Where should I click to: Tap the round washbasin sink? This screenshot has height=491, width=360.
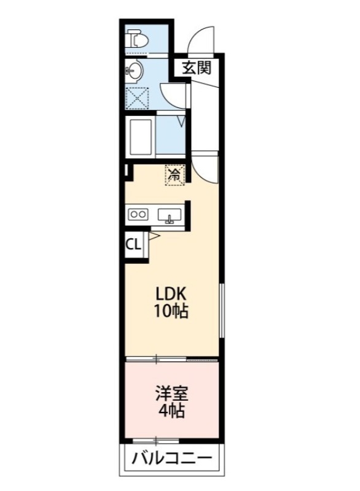135,71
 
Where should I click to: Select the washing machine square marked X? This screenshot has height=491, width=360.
137,98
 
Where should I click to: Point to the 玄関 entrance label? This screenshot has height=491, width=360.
197,68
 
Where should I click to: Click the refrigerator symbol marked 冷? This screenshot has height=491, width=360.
174,174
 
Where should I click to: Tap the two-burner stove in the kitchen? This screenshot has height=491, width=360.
138,215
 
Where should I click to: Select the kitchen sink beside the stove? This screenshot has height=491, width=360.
168,215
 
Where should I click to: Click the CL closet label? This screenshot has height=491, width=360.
133,244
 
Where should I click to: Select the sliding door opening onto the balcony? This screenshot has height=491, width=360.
156,439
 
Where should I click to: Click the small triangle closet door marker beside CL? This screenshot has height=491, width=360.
154,236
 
